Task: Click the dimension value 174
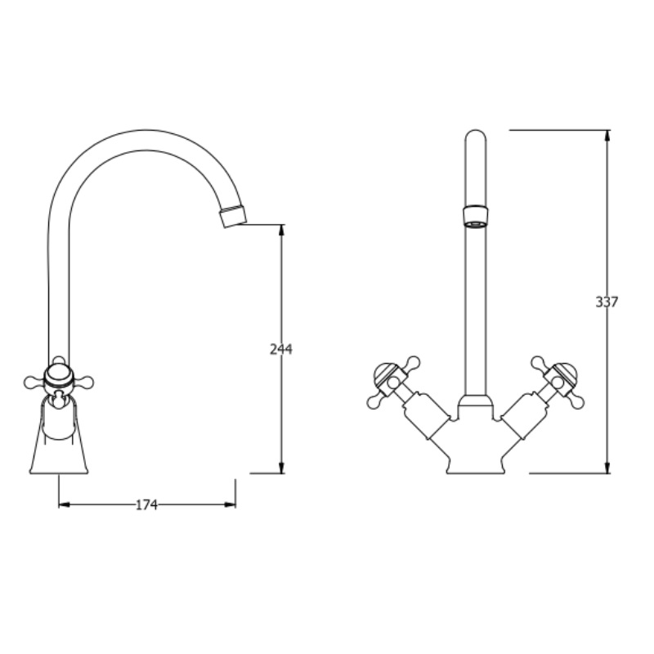click(146, 505)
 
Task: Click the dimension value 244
click(280, 349)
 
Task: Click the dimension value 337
click(607, 302)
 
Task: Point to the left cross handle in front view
click(390, 380)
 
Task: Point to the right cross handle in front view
click(560, 380)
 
